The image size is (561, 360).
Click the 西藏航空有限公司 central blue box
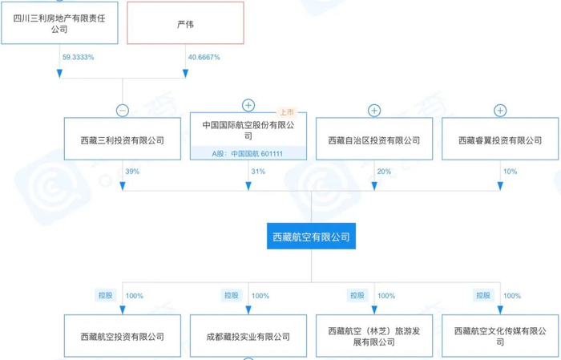[310, 238]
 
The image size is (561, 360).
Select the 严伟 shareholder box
[185, 24]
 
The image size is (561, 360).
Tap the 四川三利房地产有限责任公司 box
[59, 24]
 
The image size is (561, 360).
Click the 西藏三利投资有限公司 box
[123, 140]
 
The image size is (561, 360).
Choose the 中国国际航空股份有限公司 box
[248, 130]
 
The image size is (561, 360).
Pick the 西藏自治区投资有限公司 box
[373, 140]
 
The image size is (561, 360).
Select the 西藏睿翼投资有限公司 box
[500, 140]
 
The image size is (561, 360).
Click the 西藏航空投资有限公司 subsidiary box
[123, 338]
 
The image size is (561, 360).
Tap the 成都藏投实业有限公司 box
[248, 338]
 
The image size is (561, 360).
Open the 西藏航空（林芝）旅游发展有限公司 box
[373, 336]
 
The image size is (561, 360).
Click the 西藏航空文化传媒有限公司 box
[500, 336]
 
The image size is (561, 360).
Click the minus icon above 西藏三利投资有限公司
[123, 111]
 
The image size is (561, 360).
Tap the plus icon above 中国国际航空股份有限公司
[248, 106]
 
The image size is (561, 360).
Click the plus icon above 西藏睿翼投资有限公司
[500, 111]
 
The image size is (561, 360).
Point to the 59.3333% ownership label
[78, 58]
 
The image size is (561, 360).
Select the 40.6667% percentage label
[204, 58]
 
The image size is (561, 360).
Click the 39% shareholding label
[132, 172]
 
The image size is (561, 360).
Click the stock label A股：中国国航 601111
[248, 152]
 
